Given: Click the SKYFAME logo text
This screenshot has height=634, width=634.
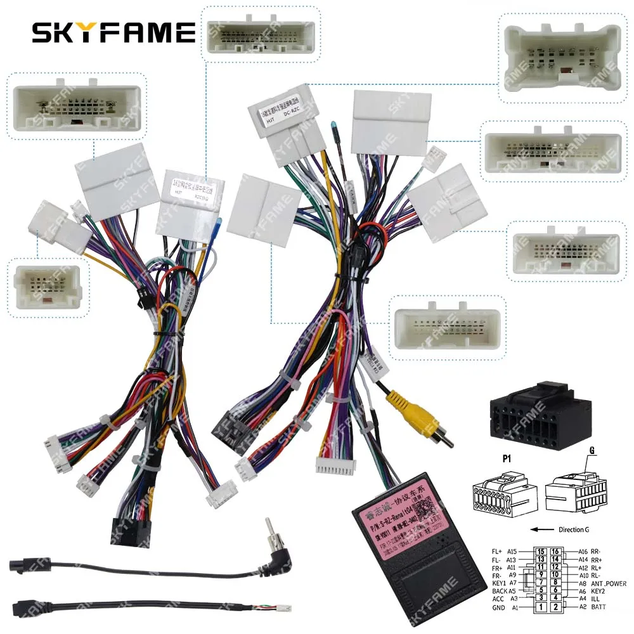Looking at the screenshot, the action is (x=113, y=32).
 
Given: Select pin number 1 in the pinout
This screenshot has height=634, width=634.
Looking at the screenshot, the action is (x=540, y=607).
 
